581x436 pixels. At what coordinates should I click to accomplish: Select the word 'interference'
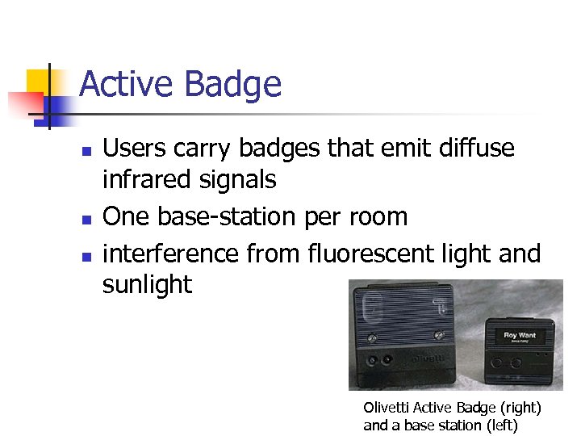(x=170, y=254)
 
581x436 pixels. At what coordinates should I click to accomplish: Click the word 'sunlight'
(x=147, y=284)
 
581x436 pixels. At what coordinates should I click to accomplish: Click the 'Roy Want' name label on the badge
(x=520, y=335)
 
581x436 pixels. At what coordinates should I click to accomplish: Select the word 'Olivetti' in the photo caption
(x=386, y=408)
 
